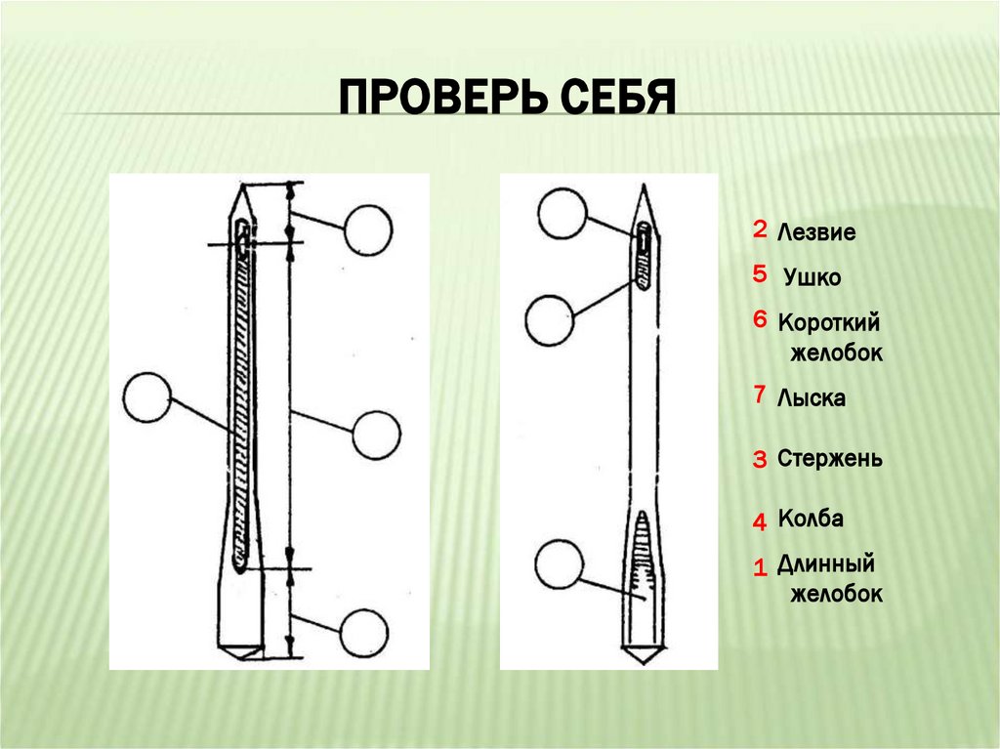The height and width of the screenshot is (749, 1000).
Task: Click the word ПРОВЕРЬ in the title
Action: [x=441, y=98]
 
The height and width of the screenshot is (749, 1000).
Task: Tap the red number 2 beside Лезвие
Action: [x=760, y=230]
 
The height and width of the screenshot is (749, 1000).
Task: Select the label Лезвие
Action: [x=816, y=233]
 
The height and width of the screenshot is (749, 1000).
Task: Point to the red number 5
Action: [x=760, y=275]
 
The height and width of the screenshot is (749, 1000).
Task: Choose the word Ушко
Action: [x=812, y=278]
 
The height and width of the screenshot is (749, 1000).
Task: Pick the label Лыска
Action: [x=812, y=398]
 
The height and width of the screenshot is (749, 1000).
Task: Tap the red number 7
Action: [x=760, y=395]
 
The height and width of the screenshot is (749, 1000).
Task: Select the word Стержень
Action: [x=830, y=459]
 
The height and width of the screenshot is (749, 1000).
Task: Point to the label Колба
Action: [x=811, y=519]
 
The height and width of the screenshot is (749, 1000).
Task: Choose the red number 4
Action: [x=760, y=522]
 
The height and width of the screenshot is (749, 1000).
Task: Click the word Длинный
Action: [x=825, y=564]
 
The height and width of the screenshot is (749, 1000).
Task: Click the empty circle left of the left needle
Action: [x=148, y=397]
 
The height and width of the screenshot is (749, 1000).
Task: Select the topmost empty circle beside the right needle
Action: [x=563, y=212]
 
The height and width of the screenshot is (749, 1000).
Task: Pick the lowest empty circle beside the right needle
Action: [x=561, y=563]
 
